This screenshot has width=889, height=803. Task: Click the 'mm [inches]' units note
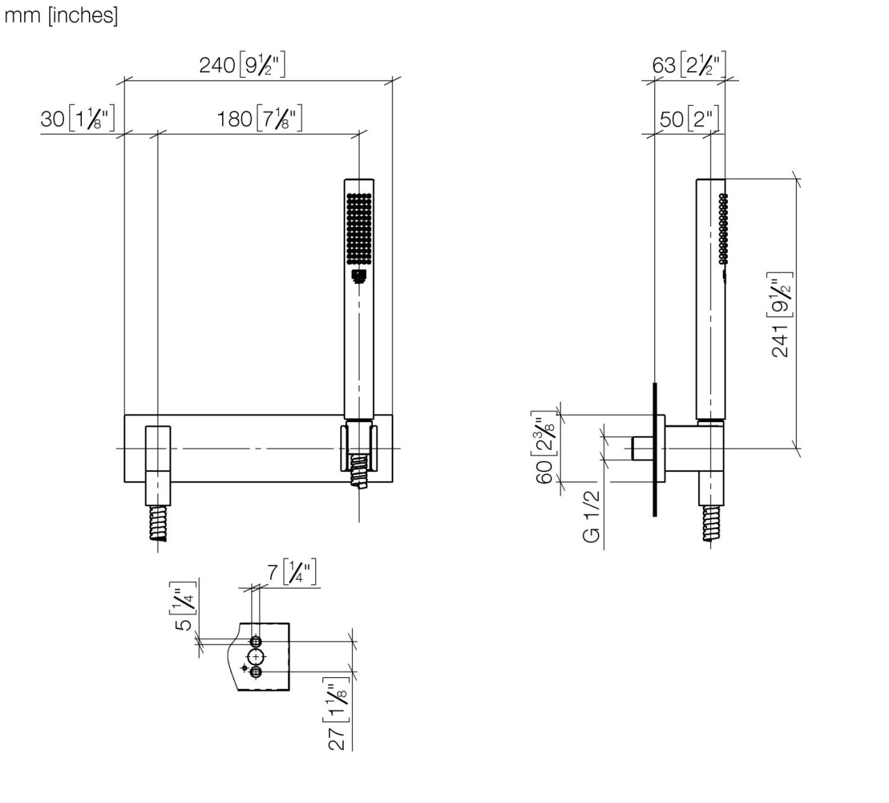[x=61, y=15]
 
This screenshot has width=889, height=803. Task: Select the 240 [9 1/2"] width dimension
[x=242, y=65]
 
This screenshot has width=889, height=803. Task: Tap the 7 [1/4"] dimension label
[x=292, y=574]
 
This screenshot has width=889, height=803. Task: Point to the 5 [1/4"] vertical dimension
[x=183, y=606]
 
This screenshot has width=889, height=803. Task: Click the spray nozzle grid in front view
[x=358, y=228]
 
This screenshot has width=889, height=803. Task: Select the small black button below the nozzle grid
[x=358, y=277]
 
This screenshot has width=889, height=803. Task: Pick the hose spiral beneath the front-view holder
[x=358, y=473]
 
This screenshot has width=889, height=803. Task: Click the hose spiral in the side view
[x=711, y=523]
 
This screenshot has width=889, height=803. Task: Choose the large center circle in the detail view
[x=256, y=656]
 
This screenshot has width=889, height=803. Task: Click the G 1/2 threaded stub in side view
[x=641, y=448]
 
